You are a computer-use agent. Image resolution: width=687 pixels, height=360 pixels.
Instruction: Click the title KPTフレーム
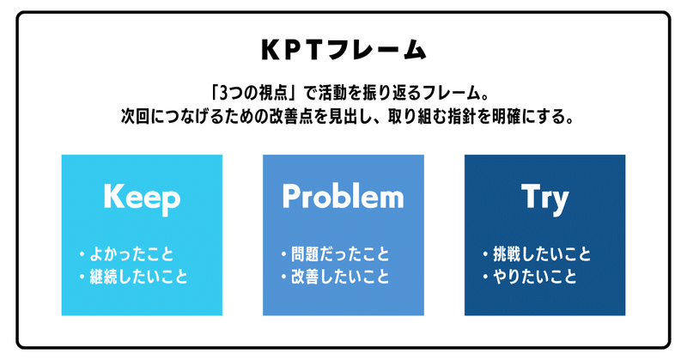point(343,49)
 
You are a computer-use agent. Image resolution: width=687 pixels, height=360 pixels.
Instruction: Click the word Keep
point(142,198)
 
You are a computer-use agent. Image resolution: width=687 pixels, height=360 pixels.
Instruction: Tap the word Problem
point(343,196)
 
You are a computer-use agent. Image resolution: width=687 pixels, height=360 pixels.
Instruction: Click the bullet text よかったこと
point(131,254)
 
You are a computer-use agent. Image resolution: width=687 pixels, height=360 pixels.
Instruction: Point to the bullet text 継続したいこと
point(139,277)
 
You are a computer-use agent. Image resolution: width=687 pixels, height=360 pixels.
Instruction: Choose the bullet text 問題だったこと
point(340,254)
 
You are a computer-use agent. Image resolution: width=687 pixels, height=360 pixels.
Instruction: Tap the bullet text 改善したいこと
point(340,277)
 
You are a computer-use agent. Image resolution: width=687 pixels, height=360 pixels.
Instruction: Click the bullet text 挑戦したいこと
point(542,254)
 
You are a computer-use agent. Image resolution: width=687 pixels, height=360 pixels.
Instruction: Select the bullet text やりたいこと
point(535,277)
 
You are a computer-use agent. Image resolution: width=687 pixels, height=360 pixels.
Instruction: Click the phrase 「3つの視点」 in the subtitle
point(252,93)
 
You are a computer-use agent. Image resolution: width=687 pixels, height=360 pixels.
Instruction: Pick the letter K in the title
point(271,50)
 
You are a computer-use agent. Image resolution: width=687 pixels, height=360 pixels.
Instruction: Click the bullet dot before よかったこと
point(82,254)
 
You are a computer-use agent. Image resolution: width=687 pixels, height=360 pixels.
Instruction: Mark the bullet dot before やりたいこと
point(485,277)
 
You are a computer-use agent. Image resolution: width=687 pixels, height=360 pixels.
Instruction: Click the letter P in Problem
point(291,196)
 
